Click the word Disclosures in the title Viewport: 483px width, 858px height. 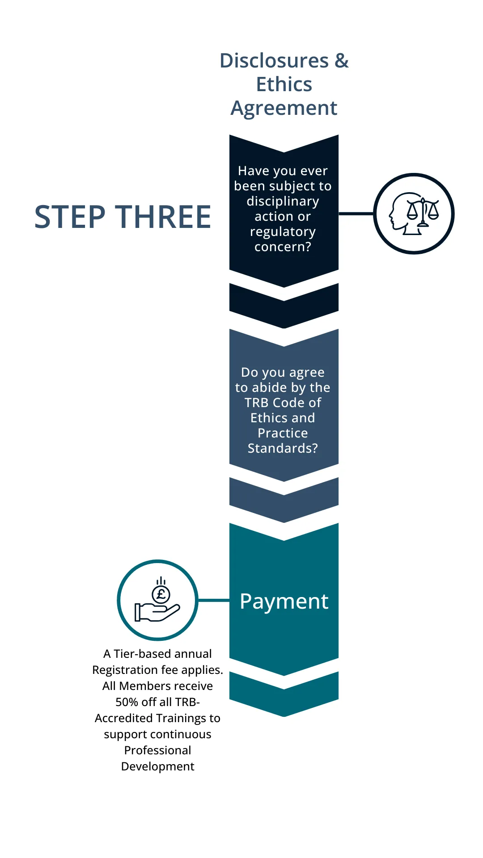274,61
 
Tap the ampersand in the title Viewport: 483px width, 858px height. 341,61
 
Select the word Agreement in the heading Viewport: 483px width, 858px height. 284,108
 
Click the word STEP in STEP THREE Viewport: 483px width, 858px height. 70,217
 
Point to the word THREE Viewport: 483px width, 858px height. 163,217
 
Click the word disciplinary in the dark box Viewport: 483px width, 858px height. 283,201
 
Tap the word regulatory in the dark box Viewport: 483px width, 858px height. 283,231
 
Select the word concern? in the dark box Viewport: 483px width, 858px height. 283,247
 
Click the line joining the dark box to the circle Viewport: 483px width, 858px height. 356,214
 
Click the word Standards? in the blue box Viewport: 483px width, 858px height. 283,448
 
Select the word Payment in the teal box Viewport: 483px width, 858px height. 284,601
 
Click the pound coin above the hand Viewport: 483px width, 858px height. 161,594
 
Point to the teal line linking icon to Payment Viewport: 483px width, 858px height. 214,600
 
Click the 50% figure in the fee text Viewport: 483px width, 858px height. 127,702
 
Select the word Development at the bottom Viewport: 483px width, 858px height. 157,766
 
